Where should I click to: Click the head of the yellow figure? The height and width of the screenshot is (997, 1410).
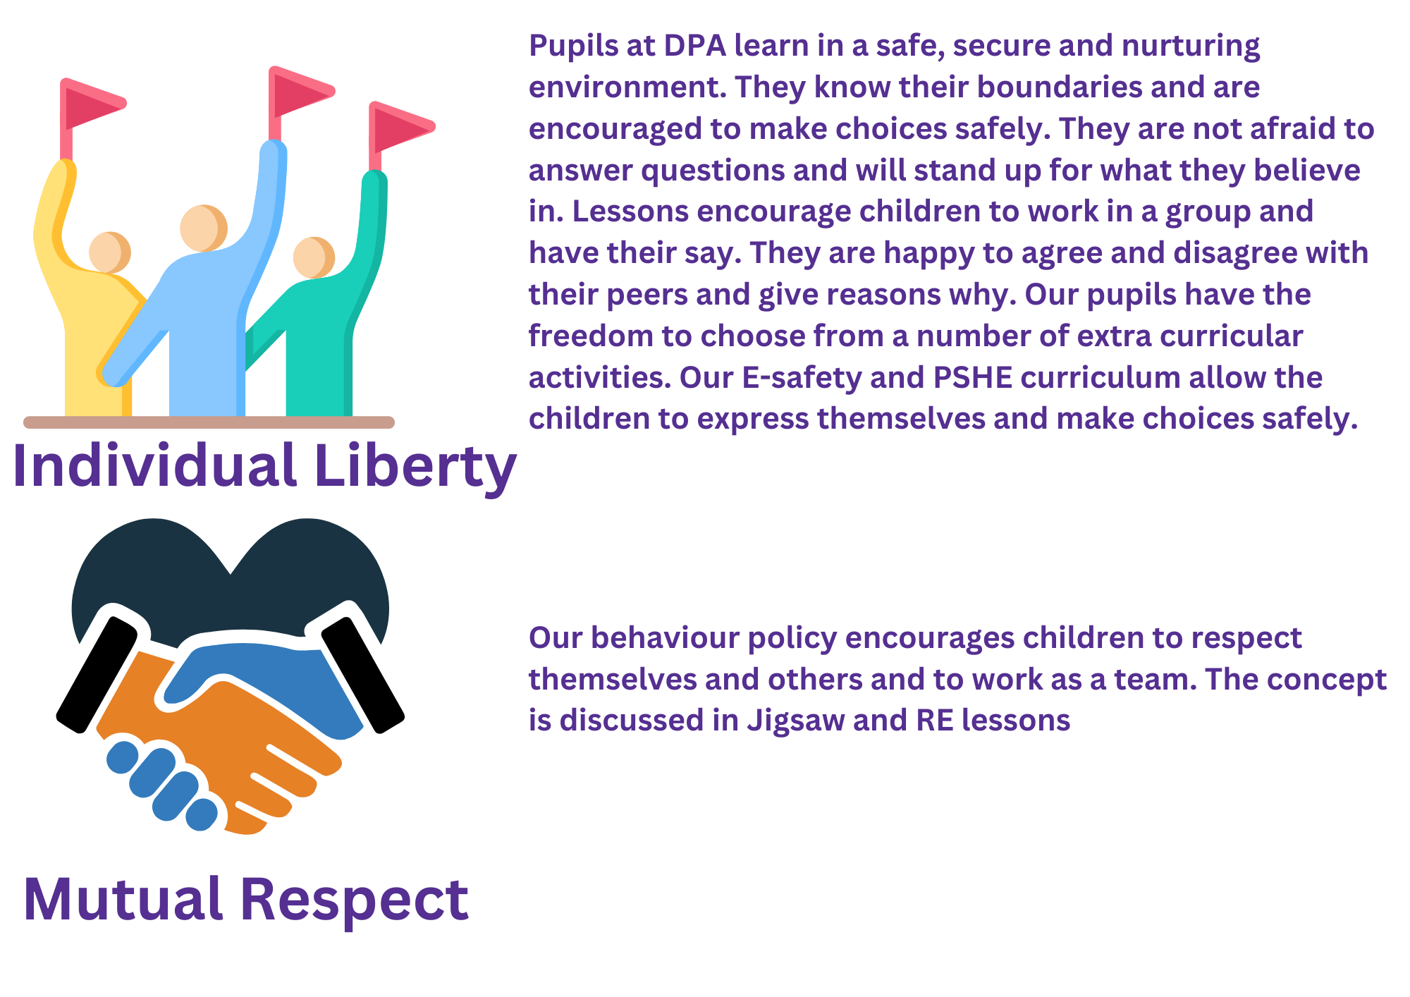[109, 252]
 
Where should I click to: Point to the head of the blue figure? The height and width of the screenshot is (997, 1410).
[204, 228]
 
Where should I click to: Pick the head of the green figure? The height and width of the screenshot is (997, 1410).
[314, 257]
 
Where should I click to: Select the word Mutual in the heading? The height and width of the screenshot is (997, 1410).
[123, 899]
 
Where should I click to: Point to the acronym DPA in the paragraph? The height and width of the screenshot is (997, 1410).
[694, 46]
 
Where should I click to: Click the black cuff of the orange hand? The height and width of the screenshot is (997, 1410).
[97, 674]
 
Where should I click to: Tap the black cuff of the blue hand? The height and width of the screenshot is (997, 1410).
[363, 674]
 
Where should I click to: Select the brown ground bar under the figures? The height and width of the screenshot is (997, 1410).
[209, 422]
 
